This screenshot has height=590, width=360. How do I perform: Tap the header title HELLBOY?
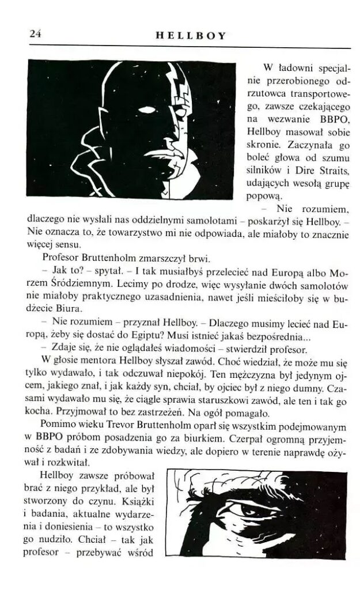pyautogui.click(x=191, y=36)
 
